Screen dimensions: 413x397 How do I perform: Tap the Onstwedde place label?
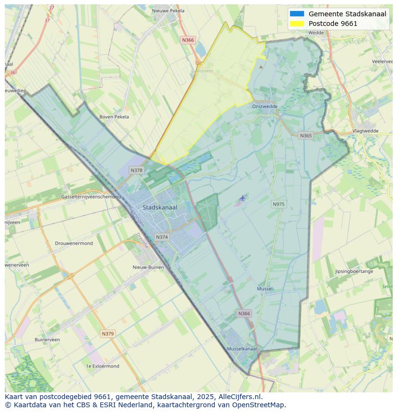(x=265, y=106)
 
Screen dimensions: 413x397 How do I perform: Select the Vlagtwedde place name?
(x=365, y=130)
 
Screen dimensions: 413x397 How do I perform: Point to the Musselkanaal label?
(x=242, y=349)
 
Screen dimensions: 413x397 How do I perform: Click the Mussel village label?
(x=265, y=289)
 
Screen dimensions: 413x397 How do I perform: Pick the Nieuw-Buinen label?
(x=148, y=267)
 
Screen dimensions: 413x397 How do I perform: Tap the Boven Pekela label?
(x=114, y=117)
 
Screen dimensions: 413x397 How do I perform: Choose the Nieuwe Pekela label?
(x=168, y=11)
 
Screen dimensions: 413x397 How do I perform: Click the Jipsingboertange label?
(x=354, y=271)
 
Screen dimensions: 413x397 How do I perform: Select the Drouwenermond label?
(x=74, y=243)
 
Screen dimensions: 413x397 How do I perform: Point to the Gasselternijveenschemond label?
(x=91, y=197)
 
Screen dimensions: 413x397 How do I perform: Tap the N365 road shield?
(x=305, y=135)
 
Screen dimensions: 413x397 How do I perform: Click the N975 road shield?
(x=278, y=204)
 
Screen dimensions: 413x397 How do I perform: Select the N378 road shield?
(x=136, y=170)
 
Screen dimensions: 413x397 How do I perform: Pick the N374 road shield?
(x=162, y=237)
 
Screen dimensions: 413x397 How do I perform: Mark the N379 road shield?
(x=108, y=333)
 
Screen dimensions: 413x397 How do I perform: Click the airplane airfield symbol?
(x=243, y=198)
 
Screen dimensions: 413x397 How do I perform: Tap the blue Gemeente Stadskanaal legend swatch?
(x=297, y=14)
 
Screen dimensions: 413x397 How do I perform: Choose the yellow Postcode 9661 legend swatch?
(x=297, y=24)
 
